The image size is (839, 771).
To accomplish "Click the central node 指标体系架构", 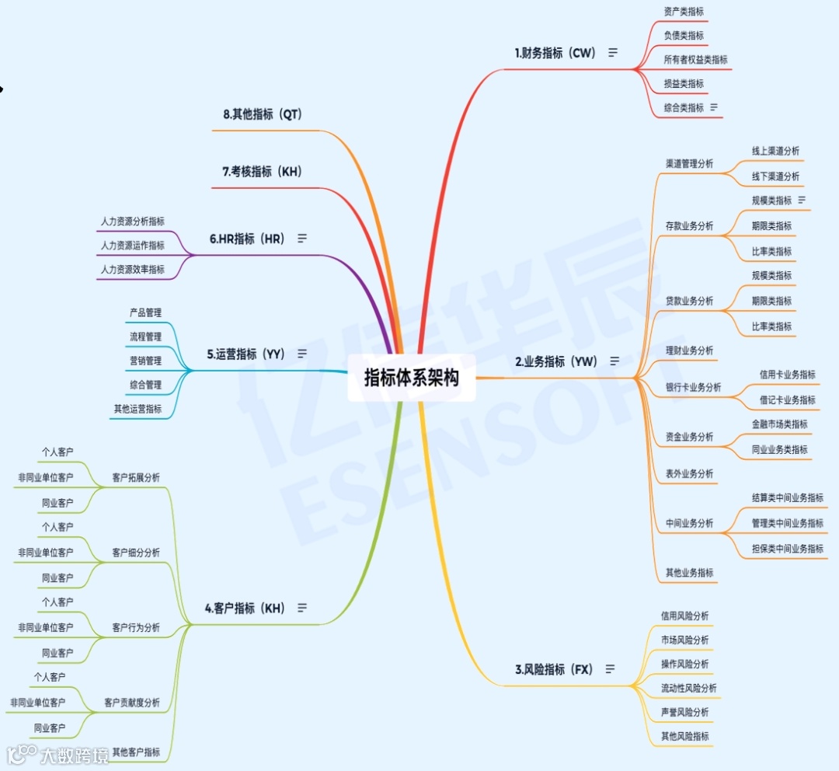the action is click(x=411, y=378).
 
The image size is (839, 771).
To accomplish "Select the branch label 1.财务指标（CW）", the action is click(x=555, y=53).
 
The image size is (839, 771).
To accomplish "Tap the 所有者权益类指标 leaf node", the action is click(x=695, y=60).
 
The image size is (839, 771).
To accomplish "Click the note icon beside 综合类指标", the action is click(x=713, y=107).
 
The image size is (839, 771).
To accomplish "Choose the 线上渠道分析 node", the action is click(x=775, y=151).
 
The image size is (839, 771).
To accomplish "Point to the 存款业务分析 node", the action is click(x=689, y=226).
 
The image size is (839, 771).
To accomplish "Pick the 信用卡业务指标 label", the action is click(x=788, y=375).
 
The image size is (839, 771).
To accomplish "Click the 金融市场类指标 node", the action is click(x=779, y=424).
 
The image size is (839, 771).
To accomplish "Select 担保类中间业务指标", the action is click(x=788, y=549).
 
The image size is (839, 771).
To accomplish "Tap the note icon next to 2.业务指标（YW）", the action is click(x=614, y=361).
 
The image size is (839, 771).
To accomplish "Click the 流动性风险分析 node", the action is click(x=688, y=688).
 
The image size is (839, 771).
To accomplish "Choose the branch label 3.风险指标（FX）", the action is click(x=554, y=669).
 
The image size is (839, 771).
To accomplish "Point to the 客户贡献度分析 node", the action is click(x=132, y=703).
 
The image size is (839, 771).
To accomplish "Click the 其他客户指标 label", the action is click(x=136, y=752).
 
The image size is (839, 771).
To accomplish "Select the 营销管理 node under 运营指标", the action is click(x=145, y=361).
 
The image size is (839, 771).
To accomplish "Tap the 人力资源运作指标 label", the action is click(x=132, y=246).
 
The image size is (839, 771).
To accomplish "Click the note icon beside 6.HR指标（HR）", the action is click(x=302, y=239).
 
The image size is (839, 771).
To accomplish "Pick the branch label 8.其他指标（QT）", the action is click(x=262, y=114).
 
